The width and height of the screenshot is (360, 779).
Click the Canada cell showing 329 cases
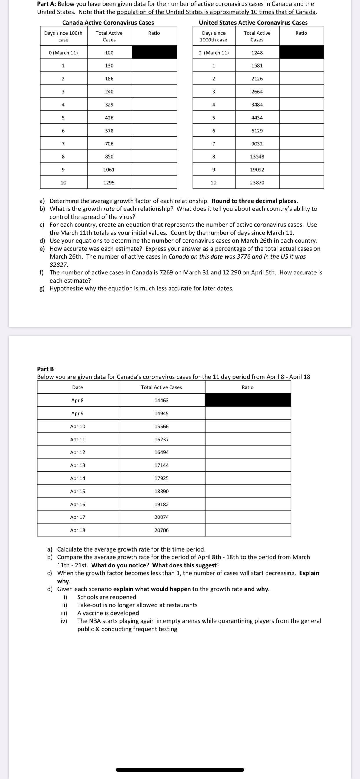pyautogui.click(x=109, y=105)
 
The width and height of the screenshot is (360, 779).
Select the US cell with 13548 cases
pyautogui.click(x=257, y=157)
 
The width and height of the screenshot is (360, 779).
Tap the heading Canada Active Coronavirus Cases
pyautogui.click(x=108, y=23)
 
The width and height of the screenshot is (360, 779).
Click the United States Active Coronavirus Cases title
pyautogui.click(x=253, y=23)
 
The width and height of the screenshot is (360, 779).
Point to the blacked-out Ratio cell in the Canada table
pyautogui.click(x=154, y=53)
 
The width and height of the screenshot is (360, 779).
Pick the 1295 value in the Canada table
pyautogui.click(x=109, y=183)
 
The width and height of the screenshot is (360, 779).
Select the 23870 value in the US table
pyautogui.click(x=257, y=183)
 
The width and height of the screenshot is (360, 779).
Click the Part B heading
pyautogui.click(x=46, y=369)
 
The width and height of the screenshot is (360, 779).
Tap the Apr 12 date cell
pyautogui.click(x=78, y=452)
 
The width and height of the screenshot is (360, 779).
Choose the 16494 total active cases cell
pyautogui.click(x=161, y=452)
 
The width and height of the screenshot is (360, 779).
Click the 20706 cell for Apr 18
pyautogui.click(x=161, y=530)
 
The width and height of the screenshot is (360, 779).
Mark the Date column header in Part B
pyautogui.click(x=78, y=387)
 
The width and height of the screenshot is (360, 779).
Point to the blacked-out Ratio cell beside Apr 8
pyautogui.click(x=248, y=400)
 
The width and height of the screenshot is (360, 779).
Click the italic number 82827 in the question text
pyautogui.click(x=59, y=265)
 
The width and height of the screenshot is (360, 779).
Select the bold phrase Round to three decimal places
pyautogui.click(x=255, y=201)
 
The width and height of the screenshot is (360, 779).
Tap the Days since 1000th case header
pyautogui.click(x=214, y=36)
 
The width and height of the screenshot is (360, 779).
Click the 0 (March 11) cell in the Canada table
pyautogui.click(x=63, y=53)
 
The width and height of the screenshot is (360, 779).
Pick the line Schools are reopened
pyautogui.click(x=106, y=597)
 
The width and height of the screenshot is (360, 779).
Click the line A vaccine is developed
pyautogui.click(x=108, y=613)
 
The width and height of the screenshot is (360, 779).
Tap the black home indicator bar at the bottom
pyautogui.click(x=180, y=770)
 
